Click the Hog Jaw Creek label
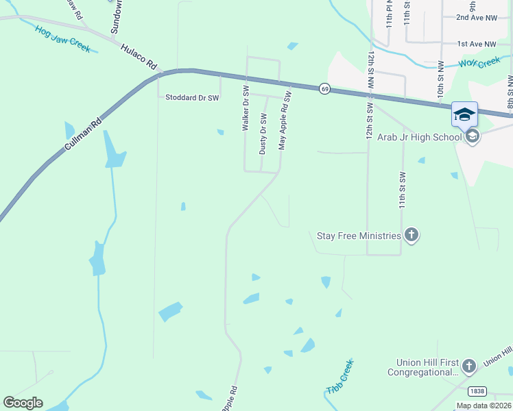point(63,39)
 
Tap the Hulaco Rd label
point(139,58)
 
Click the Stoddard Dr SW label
point(191,98)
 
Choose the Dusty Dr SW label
point(262,134)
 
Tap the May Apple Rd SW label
point(285,121)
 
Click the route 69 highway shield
point(324,88)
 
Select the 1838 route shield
point(477,390)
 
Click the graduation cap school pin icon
point(464,114)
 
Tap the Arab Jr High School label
point(419,137)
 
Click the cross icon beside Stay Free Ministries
point(411,236)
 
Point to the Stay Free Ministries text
point(358,236)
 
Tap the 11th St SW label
point(403,190)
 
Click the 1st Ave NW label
point(477,43)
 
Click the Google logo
point(23,403)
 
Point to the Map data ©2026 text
point(483,406)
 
